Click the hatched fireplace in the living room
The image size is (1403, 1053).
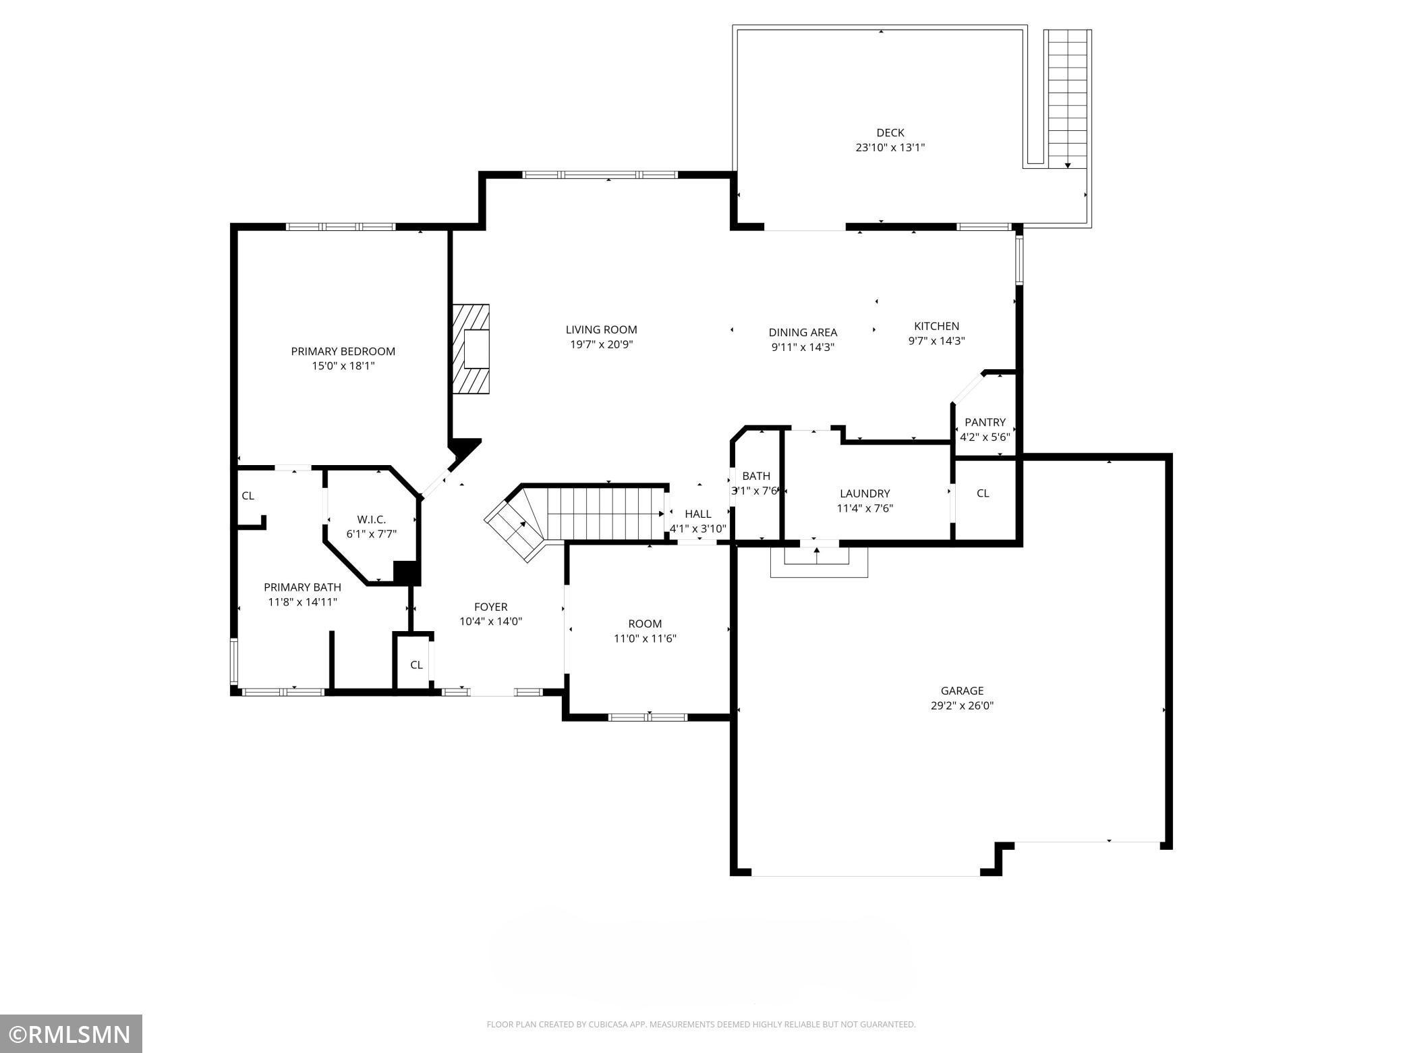tap(471, 349)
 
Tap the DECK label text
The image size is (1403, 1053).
tap(890, 133)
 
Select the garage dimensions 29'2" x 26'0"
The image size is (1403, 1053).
tap(962, 706)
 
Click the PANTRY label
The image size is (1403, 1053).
tap(985, 423)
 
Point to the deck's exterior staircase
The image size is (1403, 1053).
tap(1067, 98)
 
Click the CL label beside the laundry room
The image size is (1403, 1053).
tap(983, 493)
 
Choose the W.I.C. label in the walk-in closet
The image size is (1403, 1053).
tap(371, 519)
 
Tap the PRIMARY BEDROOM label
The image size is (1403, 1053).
tap(343, 351)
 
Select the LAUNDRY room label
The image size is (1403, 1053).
tap(865, 493)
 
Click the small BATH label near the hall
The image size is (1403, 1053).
tap(755, 476)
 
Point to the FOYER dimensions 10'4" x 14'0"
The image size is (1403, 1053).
tap(490, 622)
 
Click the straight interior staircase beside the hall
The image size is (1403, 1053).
tap(604, 514)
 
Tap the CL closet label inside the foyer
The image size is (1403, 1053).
tap(416, 665)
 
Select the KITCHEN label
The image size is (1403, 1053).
tap(936, 326)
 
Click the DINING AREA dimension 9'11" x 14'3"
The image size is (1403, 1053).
tap(803, 348)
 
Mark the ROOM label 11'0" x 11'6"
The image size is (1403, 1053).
tap(645, 624)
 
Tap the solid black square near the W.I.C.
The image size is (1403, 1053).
tap(407, 572)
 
